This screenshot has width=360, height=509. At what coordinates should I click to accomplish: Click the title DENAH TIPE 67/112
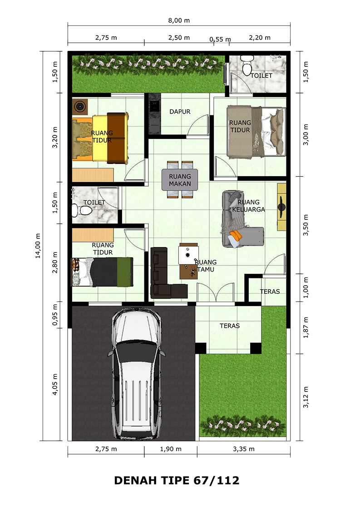(177, 480)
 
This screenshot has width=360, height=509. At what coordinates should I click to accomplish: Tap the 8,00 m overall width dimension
(179, 20)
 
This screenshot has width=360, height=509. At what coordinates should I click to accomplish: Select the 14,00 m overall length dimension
(38, 246)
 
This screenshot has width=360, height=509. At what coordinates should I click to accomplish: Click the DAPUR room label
(180, 112)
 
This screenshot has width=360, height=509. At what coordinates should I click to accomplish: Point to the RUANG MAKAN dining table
(180, 180)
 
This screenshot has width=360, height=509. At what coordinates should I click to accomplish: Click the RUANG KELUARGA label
(249, 206)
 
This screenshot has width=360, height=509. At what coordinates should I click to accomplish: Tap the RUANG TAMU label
(206, 266)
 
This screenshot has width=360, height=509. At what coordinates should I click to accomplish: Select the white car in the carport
(136, 373)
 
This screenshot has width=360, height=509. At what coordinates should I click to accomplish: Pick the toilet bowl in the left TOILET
(83, 210)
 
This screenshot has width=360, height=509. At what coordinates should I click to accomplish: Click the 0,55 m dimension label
(220, 40)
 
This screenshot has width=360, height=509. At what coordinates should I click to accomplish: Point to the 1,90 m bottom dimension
(171, 449)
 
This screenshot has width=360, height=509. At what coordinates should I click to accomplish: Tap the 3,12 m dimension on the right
(306, 397)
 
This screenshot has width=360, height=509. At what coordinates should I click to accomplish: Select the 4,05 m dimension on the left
(55, 384)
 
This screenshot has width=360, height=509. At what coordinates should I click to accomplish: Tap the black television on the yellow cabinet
(281, 207)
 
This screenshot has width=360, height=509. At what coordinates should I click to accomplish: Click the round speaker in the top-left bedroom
(80, 106)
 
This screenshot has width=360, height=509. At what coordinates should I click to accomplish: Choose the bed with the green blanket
(103, 272)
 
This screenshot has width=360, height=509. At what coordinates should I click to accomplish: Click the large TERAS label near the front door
(230, 326)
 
